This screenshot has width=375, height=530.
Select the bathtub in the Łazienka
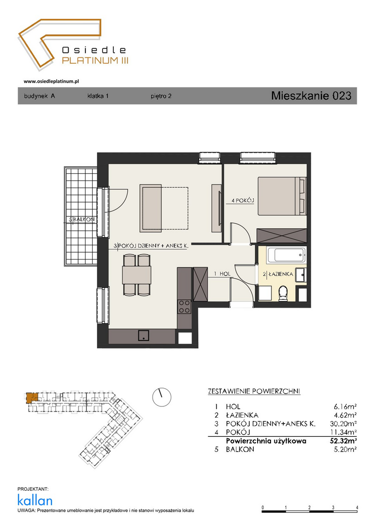point(287,255)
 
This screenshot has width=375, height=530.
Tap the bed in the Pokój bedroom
point(282,196)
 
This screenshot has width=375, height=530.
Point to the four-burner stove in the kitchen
point(184,307)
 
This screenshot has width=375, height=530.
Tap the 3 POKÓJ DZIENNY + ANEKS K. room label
point(151,246)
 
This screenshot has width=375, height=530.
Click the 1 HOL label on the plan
point(222,274)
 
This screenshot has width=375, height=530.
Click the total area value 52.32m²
point(343,441)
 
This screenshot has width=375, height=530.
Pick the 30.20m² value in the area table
point(343,424)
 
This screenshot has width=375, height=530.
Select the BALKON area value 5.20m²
point(345,449)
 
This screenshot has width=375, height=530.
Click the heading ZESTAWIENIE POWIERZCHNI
point(254,392)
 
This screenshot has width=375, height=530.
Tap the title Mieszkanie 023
point(311,96)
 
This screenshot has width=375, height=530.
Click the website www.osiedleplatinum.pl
point(52,81)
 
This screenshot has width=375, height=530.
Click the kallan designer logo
point(35,500)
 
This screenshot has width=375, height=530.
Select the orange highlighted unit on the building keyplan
point(31,397)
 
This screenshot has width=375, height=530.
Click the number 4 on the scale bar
point(357,507)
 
